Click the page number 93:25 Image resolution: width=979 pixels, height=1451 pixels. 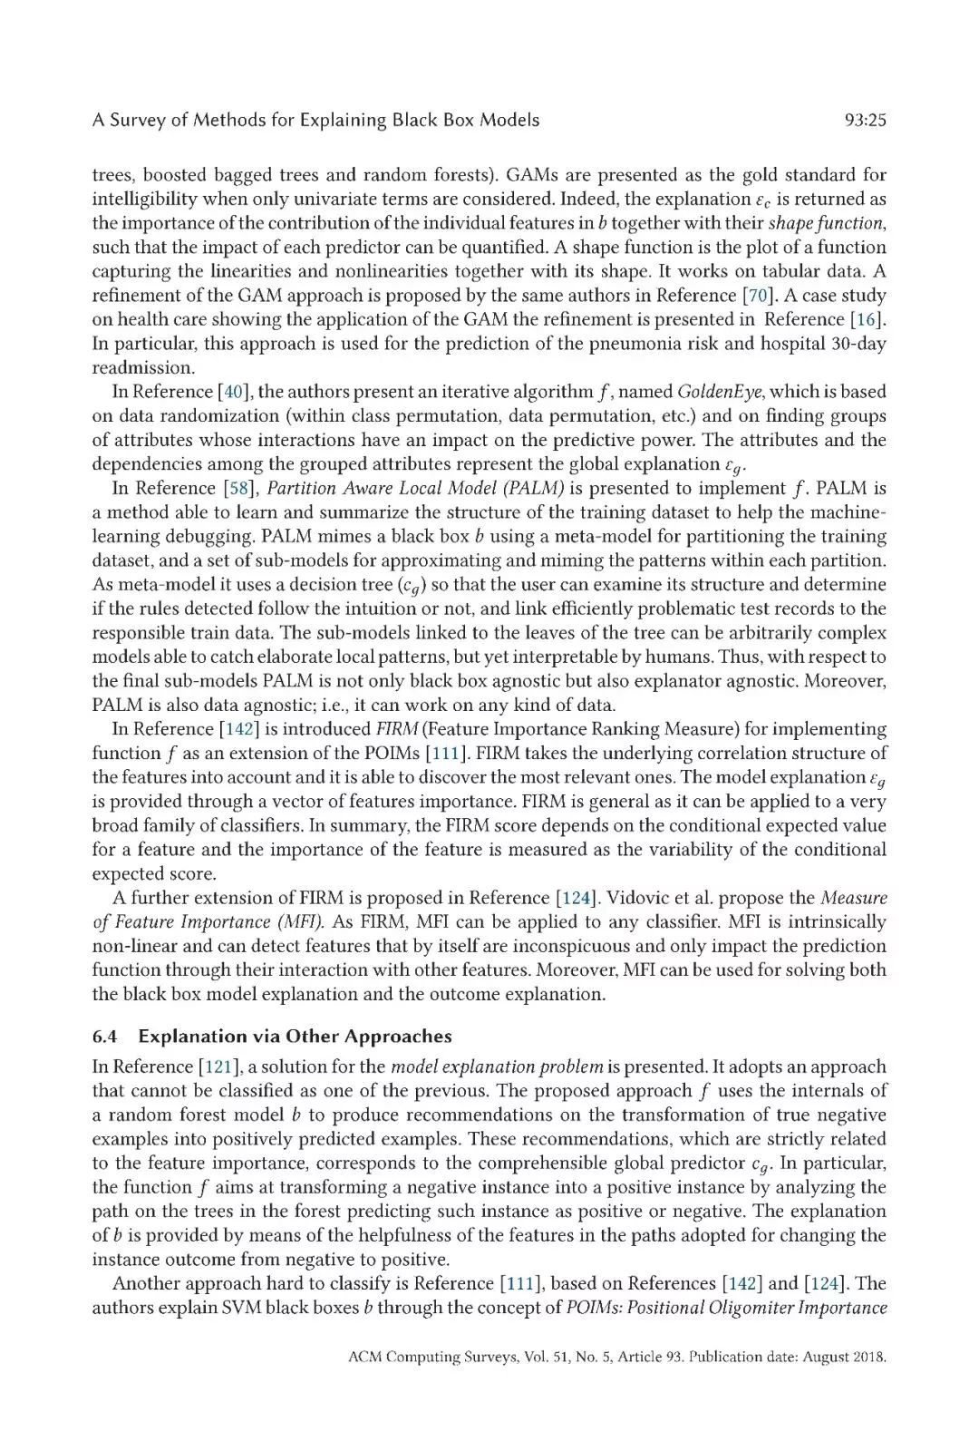pyautogui.click(x=864, y=120)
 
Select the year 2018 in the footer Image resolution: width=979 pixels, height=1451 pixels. pyautogui.click(x=868, y=1358)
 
